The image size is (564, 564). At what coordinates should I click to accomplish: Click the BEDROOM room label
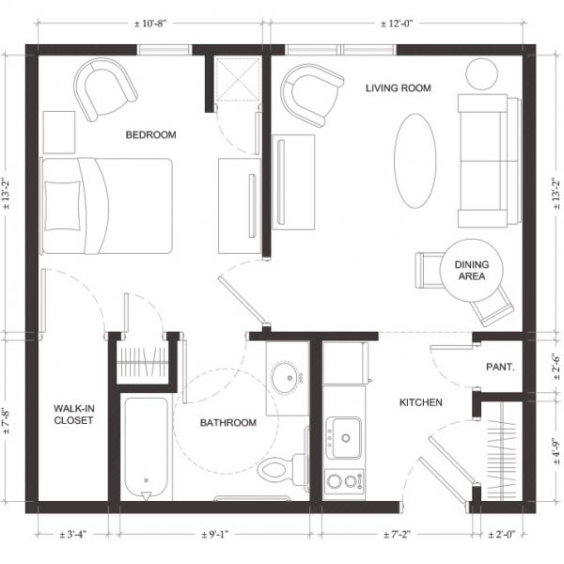click(x=150, y=134)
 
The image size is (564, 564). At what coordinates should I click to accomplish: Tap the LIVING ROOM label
click(x=399, y=88)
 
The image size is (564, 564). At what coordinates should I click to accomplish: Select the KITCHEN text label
click(x=421, y=402)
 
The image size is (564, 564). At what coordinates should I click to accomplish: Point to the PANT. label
click(x=500, y=367)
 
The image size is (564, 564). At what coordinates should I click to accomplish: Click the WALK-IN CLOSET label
click(x=73, y=415)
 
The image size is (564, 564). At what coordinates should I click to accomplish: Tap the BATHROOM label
click(x=228, y=423)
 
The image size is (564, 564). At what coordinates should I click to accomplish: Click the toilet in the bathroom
click(x=282, y=469)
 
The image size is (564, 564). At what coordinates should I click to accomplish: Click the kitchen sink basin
click(x=346, y=437)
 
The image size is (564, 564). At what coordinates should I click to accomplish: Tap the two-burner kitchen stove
click(x=344, y=481)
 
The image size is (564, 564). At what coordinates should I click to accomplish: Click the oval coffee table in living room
click(x=415, y=161)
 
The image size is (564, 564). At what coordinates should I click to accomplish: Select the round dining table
click(x=471, y=271)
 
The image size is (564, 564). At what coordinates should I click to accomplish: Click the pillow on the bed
click(x=62, y=206)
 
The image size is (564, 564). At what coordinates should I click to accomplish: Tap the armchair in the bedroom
click(x=105, y=89)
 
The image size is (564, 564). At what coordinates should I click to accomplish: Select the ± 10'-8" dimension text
click(x=150, y=23)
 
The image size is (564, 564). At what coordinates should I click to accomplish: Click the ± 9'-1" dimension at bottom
click(x=214, y=535)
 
